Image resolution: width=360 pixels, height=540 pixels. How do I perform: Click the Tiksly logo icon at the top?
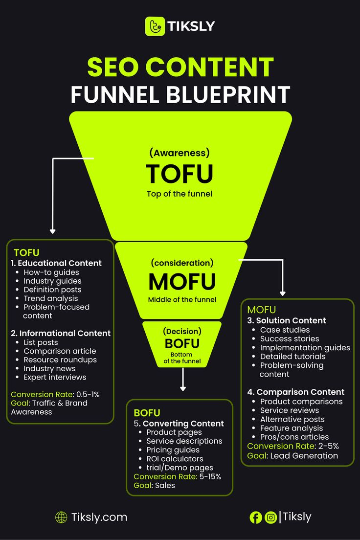[x=155, y=26]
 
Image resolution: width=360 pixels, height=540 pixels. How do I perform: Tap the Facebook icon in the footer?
[x=255, y=517]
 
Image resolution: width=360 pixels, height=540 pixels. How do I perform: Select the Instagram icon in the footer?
[x=270, y=517]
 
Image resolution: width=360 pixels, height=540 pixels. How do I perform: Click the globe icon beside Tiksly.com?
[x=61, y=517]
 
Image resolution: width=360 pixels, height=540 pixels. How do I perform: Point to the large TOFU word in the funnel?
[x=180, y=174]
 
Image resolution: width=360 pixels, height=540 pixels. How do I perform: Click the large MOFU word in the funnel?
[x=182, y=282]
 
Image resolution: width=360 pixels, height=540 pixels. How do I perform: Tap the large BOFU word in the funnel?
[x=182, y=343]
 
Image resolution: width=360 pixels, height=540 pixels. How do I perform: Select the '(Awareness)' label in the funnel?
[x=180, y=153]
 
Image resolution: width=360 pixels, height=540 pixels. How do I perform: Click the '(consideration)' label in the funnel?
[x=182, y=263]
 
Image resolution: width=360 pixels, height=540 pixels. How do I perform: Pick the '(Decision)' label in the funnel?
[x=182, y=331]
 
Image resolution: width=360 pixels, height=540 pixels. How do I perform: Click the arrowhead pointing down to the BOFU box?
[x=183, y=388]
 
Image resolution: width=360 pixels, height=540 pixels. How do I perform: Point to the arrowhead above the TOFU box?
[x=53, y=230]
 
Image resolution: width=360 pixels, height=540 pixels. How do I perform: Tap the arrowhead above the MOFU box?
[x=283, y=292]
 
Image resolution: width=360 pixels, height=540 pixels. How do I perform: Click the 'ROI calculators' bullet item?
[x=175, y=459]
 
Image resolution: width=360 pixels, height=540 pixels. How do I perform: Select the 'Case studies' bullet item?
[x=285, y=330]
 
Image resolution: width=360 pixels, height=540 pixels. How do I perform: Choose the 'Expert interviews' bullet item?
[x=55, y=377]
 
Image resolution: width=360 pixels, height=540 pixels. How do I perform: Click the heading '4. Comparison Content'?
[x=296, y=392]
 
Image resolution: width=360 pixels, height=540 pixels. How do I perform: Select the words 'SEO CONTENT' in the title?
[x=180, y=67]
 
